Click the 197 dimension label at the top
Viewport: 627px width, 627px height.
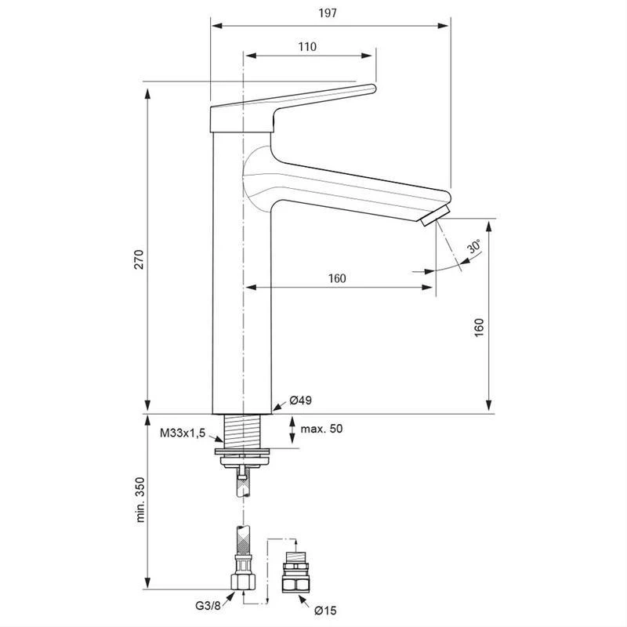[x=329, y=13]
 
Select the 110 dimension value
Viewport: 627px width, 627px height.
[x=307, y=46]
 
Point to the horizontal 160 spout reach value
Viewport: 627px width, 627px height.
[x=337, y=279]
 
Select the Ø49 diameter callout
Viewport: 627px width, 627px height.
[x=301, y=400]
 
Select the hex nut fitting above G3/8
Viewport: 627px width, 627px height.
[x=243, y=582]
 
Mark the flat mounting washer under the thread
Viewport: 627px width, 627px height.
[x=243, y=450]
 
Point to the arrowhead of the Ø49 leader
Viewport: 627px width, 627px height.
[x=274, y=409]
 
